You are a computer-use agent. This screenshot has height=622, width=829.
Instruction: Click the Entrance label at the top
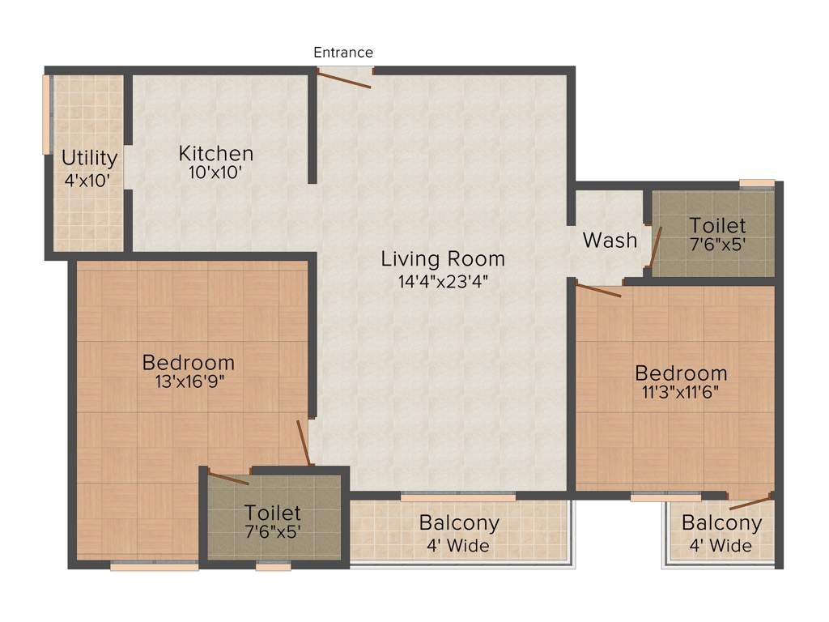343,53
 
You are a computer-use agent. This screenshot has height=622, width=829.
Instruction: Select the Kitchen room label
216,153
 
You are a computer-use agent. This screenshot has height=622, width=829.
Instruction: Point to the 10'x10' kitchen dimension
216,173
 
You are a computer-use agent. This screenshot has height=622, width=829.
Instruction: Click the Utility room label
90,158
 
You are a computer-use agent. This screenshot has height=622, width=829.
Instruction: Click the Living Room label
443,259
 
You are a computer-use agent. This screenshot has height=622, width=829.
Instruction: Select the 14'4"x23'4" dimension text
443,281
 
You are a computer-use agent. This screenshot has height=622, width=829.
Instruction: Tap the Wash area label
610,241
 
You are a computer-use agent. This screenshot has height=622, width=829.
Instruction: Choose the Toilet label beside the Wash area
717,224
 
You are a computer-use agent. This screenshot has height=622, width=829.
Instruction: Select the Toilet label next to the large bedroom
273,513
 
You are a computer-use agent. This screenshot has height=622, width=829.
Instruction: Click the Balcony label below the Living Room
459,523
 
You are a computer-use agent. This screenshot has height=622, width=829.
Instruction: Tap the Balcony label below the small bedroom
721,523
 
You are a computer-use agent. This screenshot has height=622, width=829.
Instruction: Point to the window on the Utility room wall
47,114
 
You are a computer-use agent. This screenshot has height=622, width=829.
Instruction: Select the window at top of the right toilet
757,183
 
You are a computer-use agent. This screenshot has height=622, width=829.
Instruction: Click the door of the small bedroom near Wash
598,289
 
